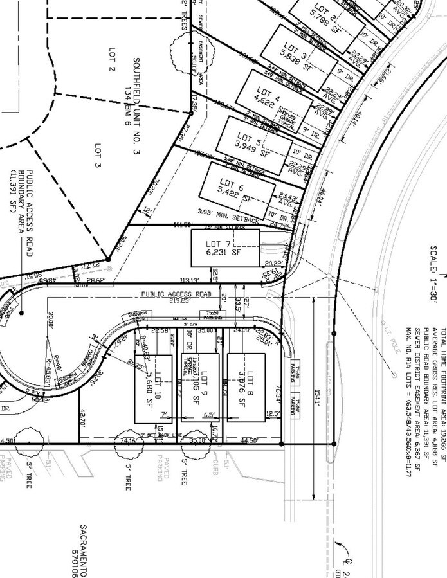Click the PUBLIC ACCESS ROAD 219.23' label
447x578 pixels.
[177, 296]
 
